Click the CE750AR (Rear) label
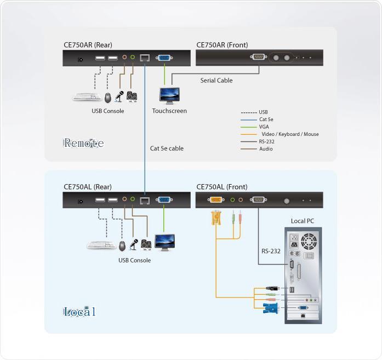[88, 45]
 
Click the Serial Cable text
[216, 81]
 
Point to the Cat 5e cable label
[167, 148]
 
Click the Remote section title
[83, 144]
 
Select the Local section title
[79, 312]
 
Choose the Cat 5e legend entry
[266, 119]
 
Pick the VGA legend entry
[264, 127]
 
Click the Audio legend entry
[265, 149]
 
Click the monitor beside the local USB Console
[164, 241]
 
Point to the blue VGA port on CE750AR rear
[163, 57]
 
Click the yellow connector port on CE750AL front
[216, 200]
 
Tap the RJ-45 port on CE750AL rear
[145, 201]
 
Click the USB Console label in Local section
[134, 260]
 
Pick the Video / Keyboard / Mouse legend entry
[289, 134]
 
